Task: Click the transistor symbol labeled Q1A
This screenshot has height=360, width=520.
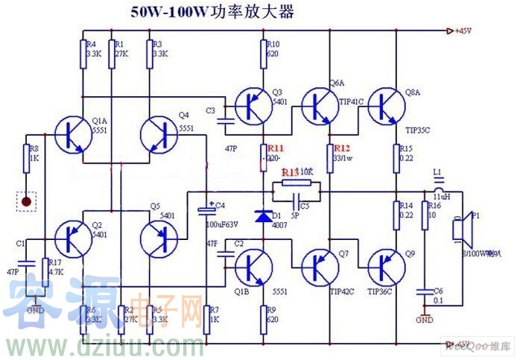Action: (x=72, y=135)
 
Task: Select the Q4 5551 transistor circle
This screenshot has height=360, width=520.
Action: (x=160, y=135)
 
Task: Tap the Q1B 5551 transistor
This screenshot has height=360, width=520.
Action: (x=253, y=266)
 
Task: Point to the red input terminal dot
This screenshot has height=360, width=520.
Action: (x=27, y=200)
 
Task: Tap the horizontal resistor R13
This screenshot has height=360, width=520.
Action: (x=296, y=182)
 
